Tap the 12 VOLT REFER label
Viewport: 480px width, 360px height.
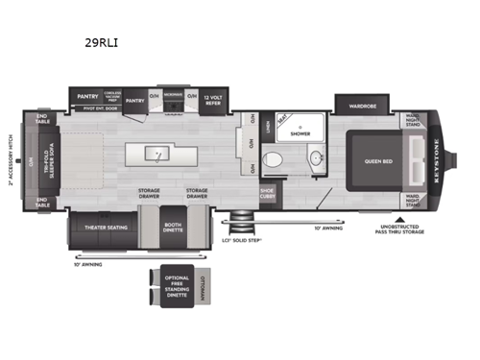click(x=211, y=98)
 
